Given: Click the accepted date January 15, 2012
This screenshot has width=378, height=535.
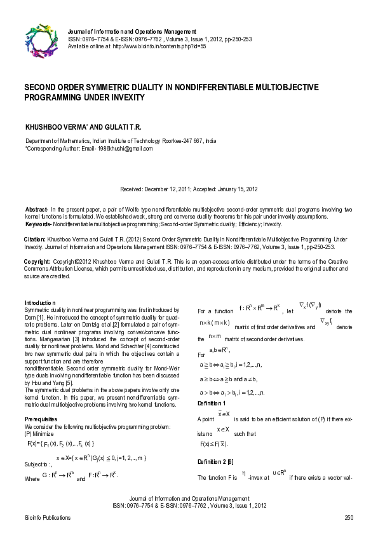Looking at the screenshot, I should [233, 189].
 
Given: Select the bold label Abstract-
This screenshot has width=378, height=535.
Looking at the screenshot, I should [37, 209].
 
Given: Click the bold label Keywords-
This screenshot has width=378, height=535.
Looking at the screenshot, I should [38, 224].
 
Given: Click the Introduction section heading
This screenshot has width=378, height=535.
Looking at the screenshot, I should [41, 302].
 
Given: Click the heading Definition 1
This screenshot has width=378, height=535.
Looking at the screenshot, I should [212, 403].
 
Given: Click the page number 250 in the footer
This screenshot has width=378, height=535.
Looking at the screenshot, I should [348, 518].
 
